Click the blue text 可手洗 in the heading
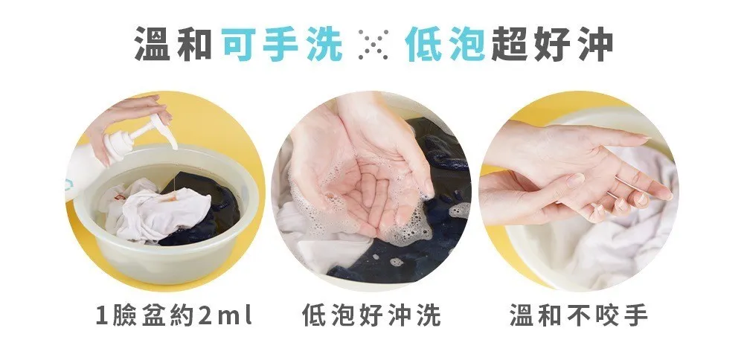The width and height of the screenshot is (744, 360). point(282,44)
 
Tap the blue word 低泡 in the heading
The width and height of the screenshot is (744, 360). point(444,44)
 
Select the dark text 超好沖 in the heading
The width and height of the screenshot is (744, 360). point(551,44)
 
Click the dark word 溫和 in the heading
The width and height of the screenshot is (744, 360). point(173,44)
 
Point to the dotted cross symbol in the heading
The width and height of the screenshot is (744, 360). point(373,44)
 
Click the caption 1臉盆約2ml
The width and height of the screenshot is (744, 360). point(173,315)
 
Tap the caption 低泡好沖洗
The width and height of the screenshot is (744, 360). point(371,315)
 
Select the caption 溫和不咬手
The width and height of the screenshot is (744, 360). point(579,315)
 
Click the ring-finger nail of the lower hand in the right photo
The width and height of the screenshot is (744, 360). point(620,205)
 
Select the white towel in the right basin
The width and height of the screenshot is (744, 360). point(617,237)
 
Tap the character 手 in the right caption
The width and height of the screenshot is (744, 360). point(636,315)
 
